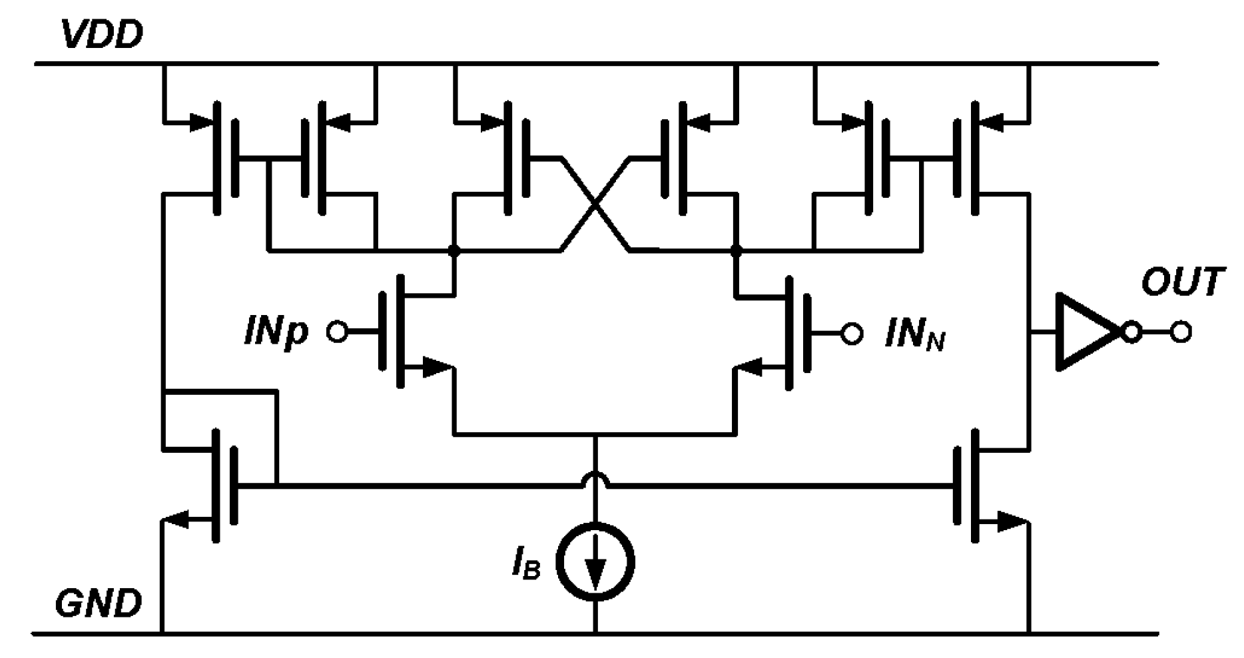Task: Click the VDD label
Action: pyautogui.click(x=101, y=35)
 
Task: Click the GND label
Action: pyautogui.click(x=99, y=604)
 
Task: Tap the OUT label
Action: pyautogui.click(x=1183, y=282)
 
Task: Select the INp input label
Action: pyautogui.click(x=276, y=332)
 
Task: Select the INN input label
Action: pyautogui.click(x=914, y=333)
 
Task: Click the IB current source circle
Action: pyautogui.click(x=595, y=561)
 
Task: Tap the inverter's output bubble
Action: pyautogui.click(x=1131, y=332)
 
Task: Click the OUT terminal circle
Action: pyautogui.click(x=1181, y=332)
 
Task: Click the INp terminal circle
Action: pyautogui.click(x=337, y=331)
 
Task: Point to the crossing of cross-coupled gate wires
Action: pyautogui.click(x=595, y=204)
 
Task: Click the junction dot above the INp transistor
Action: pyautogui.click(x=454, y=251)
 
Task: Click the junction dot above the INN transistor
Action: pyautogui.click(x=736, y=251)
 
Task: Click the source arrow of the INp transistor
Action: pyautogui.click(x=437, y=366)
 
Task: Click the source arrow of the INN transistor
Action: pyautogui.click(x=753, y=366)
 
